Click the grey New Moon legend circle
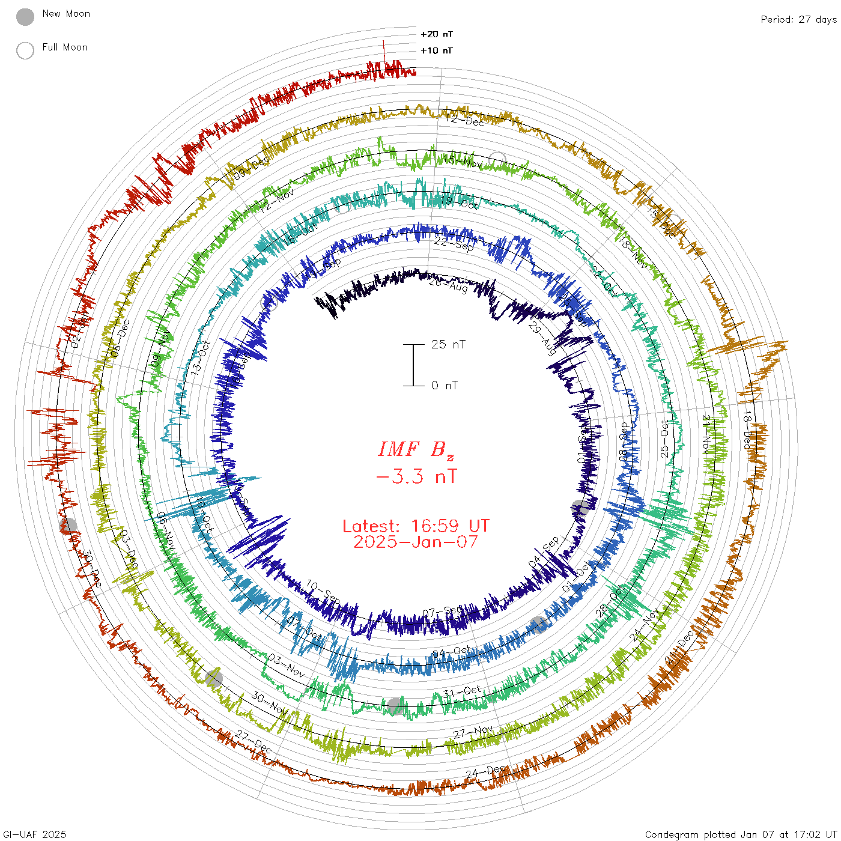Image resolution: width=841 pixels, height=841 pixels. click(x=25, y=17)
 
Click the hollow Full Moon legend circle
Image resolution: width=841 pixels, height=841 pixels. click(x=25, y=50)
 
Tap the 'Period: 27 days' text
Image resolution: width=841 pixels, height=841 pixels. click(x=798, y=20)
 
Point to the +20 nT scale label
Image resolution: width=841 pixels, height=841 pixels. click(x=437, y=34)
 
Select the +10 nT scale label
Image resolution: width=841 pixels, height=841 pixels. click(x=437, y=51)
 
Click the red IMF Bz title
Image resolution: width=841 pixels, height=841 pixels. click(x=416, y=449)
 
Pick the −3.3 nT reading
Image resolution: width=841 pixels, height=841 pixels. click(x=416, y=477)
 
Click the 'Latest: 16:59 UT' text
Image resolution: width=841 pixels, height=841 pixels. click(x=416, y=526)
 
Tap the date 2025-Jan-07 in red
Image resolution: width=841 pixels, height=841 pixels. click(x=416, y=542)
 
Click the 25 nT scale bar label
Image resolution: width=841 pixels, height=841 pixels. click(x=448, y=345)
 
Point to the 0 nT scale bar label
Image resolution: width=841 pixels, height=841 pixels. click(x=445, y=386)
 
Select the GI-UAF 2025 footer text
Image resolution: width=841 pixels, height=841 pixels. click(x=35, y=834)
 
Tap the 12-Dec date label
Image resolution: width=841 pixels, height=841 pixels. click(x=465, y=120)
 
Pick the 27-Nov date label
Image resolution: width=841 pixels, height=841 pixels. click(x=473, y=732)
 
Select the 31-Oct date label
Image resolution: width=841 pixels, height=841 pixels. click(x=462, y=691)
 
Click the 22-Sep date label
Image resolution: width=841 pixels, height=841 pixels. click(x=454, y=243)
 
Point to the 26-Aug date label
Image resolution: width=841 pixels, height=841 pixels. click(x=448, y=284)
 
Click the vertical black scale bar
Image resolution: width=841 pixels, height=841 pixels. click(x=413, y=365)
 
